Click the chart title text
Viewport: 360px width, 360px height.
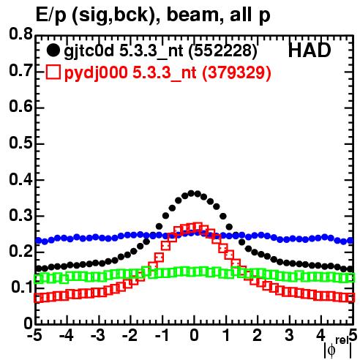(x=153, y=15)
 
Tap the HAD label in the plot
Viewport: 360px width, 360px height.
(x=310, y=50)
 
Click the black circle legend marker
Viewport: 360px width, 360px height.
(x=53, y=50)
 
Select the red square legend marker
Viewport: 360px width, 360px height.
(x=53, y=72)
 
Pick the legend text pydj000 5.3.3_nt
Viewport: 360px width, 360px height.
(x=130, y=73)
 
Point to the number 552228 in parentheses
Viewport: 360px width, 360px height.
(x=222, y=51)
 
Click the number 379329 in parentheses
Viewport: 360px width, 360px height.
(x=236, y=72)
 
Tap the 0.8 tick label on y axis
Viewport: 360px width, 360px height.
(x=20, y=34)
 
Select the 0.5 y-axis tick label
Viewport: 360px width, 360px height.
(x=20, y=143)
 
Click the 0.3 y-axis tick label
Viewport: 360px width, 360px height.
(x=20, y=215)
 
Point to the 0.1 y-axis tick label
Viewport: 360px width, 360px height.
(x=21, y=288)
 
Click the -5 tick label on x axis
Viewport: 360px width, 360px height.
(x=34, y=335)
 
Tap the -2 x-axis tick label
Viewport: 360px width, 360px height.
(x=130, y=335)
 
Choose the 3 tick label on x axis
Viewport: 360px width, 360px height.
(x=289, y=335)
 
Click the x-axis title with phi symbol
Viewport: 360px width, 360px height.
(x=338, y=348)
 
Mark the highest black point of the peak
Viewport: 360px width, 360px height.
(x=191, y=193)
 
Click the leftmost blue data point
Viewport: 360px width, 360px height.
(x=39, y=241)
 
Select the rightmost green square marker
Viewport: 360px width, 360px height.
(x=350, y=278)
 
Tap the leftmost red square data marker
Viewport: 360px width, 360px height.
(x=38, y=299)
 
